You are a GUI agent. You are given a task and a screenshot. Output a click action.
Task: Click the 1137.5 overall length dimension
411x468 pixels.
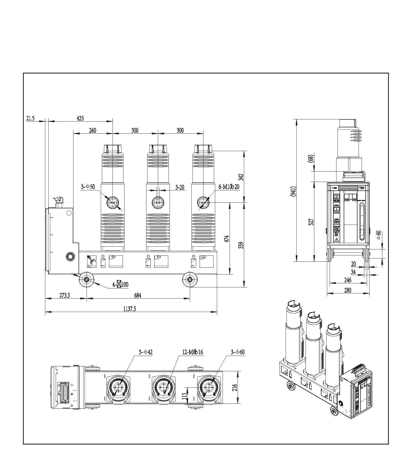(x=130, y=309)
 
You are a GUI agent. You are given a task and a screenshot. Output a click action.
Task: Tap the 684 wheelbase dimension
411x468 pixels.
(x=138, y=295)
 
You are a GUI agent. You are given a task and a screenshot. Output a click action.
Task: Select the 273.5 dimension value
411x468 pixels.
(x=65, y=295)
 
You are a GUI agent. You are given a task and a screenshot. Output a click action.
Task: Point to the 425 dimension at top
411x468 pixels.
(x=80, y=118)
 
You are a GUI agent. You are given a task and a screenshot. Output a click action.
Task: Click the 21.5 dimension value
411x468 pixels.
(x=31, y=118)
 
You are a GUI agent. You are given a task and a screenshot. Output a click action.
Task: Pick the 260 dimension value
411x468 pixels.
(x=93, y=130)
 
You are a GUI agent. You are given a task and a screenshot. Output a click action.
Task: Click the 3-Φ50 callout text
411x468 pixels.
(x=88, y=187)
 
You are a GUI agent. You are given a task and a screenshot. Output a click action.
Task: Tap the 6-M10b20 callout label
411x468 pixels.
(x=229, y=187)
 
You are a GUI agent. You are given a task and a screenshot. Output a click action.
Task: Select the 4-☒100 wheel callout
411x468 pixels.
(x=120, y=284)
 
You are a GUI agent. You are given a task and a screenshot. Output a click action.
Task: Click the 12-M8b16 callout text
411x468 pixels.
(x=193, y=352)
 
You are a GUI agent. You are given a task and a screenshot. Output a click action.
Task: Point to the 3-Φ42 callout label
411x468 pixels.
(x=146, y=352)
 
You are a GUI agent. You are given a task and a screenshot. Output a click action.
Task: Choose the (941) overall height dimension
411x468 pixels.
(x=293, y=191)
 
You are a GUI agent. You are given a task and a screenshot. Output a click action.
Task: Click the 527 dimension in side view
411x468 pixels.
(x=311, y=222)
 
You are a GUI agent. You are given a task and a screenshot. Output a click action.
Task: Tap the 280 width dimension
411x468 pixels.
(x=347, y=290)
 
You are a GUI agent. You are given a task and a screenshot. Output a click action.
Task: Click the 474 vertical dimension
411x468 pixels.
(x=227, y=239)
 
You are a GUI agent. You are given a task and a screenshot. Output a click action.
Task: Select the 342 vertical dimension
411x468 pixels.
(x=241, y=177)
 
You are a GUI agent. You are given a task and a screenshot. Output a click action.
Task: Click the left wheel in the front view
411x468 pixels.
(x=87, y=279)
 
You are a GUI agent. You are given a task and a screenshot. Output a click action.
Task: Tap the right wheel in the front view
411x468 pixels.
(x=190, y=279)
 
